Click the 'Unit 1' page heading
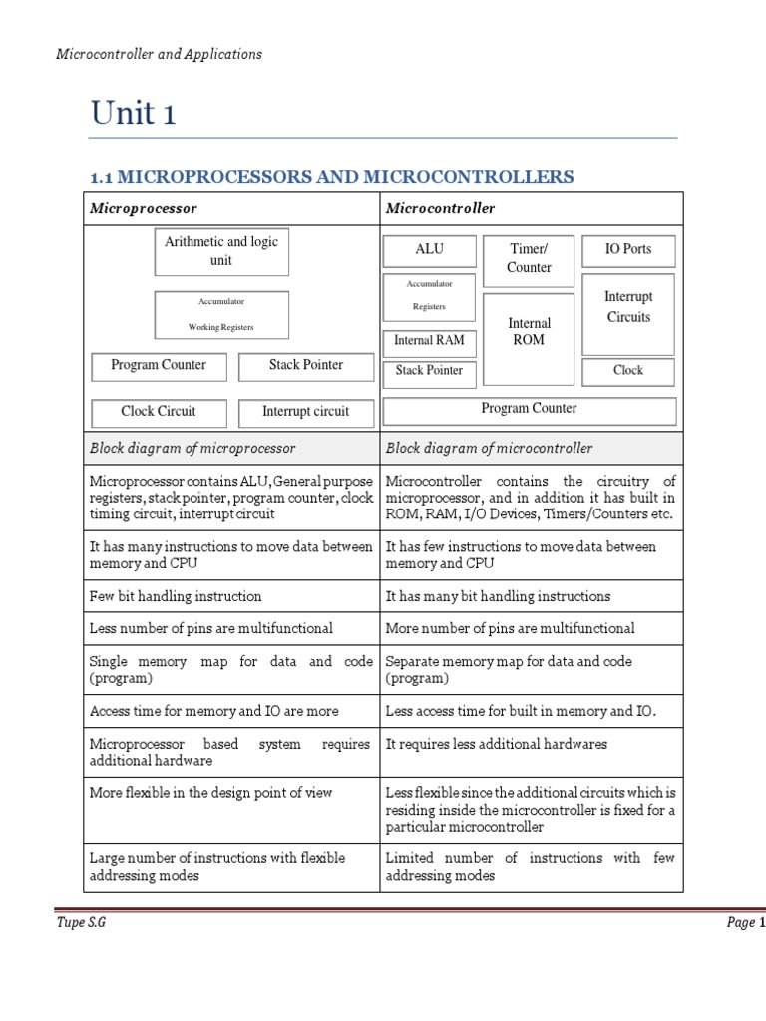[133, 113]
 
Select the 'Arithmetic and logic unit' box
[221, 251]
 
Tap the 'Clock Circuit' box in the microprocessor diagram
[159, 411]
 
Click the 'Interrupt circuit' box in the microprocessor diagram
[305, 411]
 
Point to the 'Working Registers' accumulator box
[221, 314]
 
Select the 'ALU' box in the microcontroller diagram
[428, 249]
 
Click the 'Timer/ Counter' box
[529, 258]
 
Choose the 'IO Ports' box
[628, 249]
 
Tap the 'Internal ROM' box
[529, 332]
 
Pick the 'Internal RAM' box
[429, 341]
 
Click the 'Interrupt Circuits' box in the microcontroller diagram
[628, 307]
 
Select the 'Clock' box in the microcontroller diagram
[628, 370]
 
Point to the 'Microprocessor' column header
[144, 208]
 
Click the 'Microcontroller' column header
[440, 208]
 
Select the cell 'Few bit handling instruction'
[176, 596]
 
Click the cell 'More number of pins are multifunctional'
[510, 628]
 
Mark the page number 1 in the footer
[761, 923]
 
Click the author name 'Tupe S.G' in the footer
[80, 923]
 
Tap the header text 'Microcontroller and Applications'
[159, 54]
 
